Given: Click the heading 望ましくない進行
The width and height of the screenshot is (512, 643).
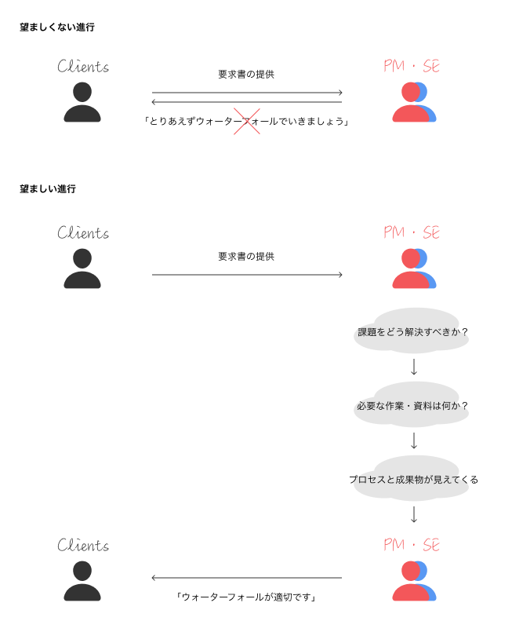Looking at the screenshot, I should click(x=57, y=27).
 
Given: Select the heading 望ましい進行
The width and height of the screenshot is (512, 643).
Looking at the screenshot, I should click(x=48, y=189).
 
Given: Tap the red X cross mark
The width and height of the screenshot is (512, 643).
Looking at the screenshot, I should click(x=247, y=122).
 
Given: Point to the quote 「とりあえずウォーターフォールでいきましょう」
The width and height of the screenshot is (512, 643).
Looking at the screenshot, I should click(x=246, y=122).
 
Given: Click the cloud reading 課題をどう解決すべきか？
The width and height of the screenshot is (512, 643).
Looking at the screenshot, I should click(x=413, y=332).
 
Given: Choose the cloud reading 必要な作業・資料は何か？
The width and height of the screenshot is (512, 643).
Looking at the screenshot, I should click(x=413, y=406).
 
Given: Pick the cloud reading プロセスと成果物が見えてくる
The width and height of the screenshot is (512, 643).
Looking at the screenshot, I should click(x=413, y=479).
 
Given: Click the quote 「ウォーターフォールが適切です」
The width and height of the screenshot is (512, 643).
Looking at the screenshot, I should click(x=246, y=597).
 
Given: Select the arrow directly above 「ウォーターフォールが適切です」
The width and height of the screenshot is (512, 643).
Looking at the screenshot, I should click(x=246, y=578).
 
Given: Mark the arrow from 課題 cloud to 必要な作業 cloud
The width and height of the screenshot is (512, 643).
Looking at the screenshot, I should click(x=414, y=367).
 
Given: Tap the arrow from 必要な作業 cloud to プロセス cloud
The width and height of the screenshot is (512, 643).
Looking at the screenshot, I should click(x=414, y=440).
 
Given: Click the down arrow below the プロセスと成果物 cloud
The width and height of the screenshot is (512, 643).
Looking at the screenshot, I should click(x=414, y=514).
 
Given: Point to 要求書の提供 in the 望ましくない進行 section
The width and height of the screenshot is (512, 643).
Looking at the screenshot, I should click(x=246, y=75).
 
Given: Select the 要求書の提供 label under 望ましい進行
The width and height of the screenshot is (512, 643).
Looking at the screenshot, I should click(x=246, y=256).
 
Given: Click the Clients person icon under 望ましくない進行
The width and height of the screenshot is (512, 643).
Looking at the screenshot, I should click(x=82, y=102).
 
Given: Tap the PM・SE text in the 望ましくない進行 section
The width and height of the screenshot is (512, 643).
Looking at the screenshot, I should click(x=412, y=67).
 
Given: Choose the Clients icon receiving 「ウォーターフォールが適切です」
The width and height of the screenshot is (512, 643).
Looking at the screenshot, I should click(x=82, y=581).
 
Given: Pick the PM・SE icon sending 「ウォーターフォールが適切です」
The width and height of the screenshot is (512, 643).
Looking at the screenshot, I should click(x=413, y=582).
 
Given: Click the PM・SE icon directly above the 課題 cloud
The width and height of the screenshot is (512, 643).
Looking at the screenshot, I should click(x=413, y=269).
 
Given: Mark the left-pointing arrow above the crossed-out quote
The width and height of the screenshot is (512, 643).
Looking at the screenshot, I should click(x=246, y=102).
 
